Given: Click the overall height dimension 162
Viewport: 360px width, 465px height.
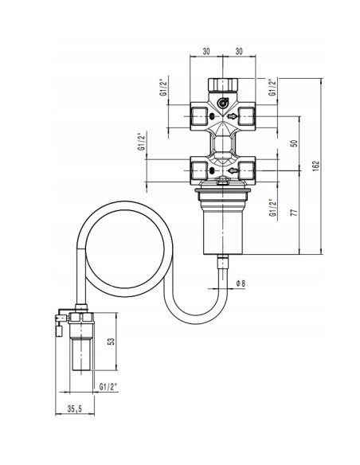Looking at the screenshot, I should pos(316,165).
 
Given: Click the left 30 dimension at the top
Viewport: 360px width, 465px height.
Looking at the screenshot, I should pos(206,51).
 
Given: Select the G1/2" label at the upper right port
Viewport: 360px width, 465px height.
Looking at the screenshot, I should pos(272,87).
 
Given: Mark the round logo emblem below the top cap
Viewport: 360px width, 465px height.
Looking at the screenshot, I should pos(224,101).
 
